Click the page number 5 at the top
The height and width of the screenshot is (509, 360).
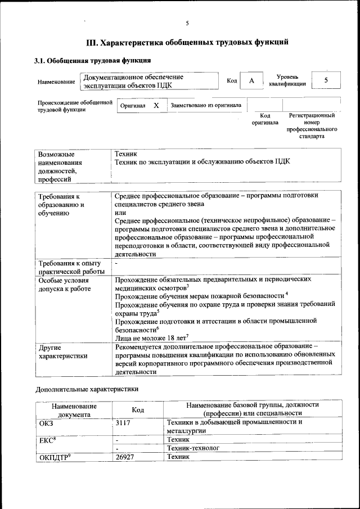(x=187, y=23)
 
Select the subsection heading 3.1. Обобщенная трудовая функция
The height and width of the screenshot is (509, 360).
(x=93, y=61)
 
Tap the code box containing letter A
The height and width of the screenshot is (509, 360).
(x=251, y=81)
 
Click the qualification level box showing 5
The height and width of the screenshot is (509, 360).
(x=326, y=81)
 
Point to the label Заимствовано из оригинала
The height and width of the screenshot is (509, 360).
(x=206, y=105)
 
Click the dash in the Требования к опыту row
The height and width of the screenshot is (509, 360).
(x=116, y=263)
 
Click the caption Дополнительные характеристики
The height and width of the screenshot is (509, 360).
(x=87, y=389)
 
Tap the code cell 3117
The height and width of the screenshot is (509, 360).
(x=123, y=422)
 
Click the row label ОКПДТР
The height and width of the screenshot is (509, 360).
(x=54, y=457)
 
